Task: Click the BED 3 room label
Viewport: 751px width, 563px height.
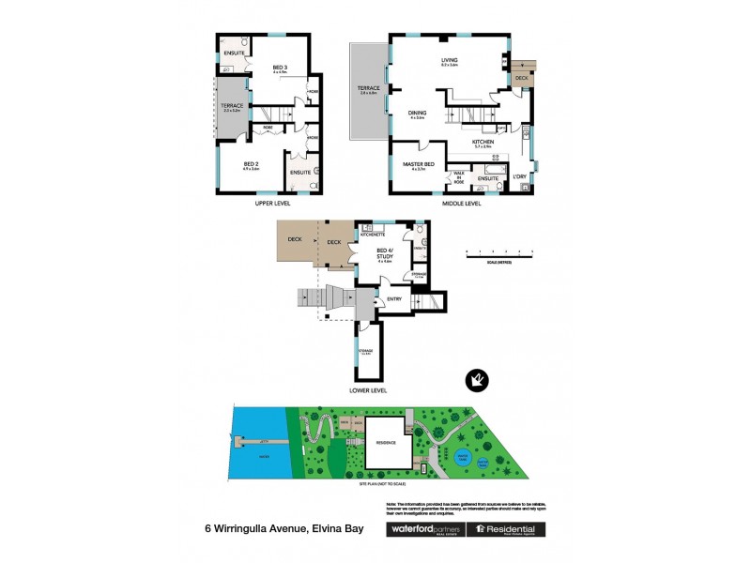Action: [x=279, y=67]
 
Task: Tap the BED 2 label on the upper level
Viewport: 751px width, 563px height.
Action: [x=250, y=167]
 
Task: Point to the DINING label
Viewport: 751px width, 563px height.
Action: [x=417, y=114]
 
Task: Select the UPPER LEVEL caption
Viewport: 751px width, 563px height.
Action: [x=272, y=204]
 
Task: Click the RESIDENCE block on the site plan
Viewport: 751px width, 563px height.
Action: [x=387, y=444]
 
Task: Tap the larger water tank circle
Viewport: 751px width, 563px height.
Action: [x=463, y=458]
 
